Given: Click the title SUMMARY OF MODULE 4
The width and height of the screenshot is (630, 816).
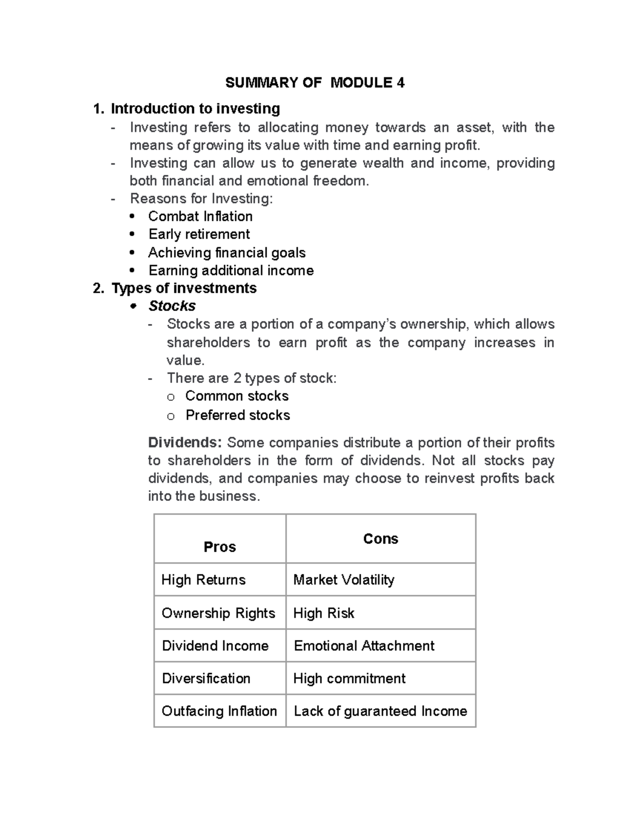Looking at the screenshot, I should coord(314,82).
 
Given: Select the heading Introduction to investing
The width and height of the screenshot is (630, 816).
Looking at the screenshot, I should coord(195,109).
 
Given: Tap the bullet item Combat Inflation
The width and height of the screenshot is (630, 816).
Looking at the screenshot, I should coord(200,216).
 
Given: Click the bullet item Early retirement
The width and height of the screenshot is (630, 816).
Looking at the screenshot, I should coord(199,234).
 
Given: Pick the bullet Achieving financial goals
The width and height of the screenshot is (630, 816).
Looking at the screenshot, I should coord(227,253).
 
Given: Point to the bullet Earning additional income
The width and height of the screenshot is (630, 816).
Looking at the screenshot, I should coord(231,271).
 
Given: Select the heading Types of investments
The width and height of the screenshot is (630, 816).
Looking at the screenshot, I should coord(184,288).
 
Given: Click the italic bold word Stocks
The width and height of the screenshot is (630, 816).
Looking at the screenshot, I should coord(172,306).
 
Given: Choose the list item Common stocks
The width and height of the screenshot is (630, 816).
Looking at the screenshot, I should coord(237,396).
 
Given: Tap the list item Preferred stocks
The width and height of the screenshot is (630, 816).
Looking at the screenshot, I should coord(238,415).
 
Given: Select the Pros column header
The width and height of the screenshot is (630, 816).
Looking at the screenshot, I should coord(219,547).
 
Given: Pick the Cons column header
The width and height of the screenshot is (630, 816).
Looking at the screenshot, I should coord(381,539).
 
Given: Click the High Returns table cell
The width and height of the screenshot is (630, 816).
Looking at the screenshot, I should coord(204,580).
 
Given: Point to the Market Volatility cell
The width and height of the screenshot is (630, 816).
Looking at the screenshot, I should coord(344,580).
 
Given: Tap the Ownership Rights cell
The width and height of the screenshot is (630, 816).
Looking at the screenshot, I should coord(218,613).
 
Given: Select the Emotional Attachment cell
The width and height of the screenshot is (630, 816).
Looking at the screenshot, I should coord(364,646).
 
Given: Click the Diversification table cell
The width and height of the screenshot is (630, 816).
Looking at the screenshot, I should coord(206,678).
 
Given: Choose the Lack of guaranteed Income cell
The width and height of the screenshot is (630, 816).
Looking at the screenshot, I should coord(380,711).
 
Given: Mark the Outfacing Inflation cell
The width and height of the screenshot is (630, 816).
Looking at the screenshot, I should coord(219,711).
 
